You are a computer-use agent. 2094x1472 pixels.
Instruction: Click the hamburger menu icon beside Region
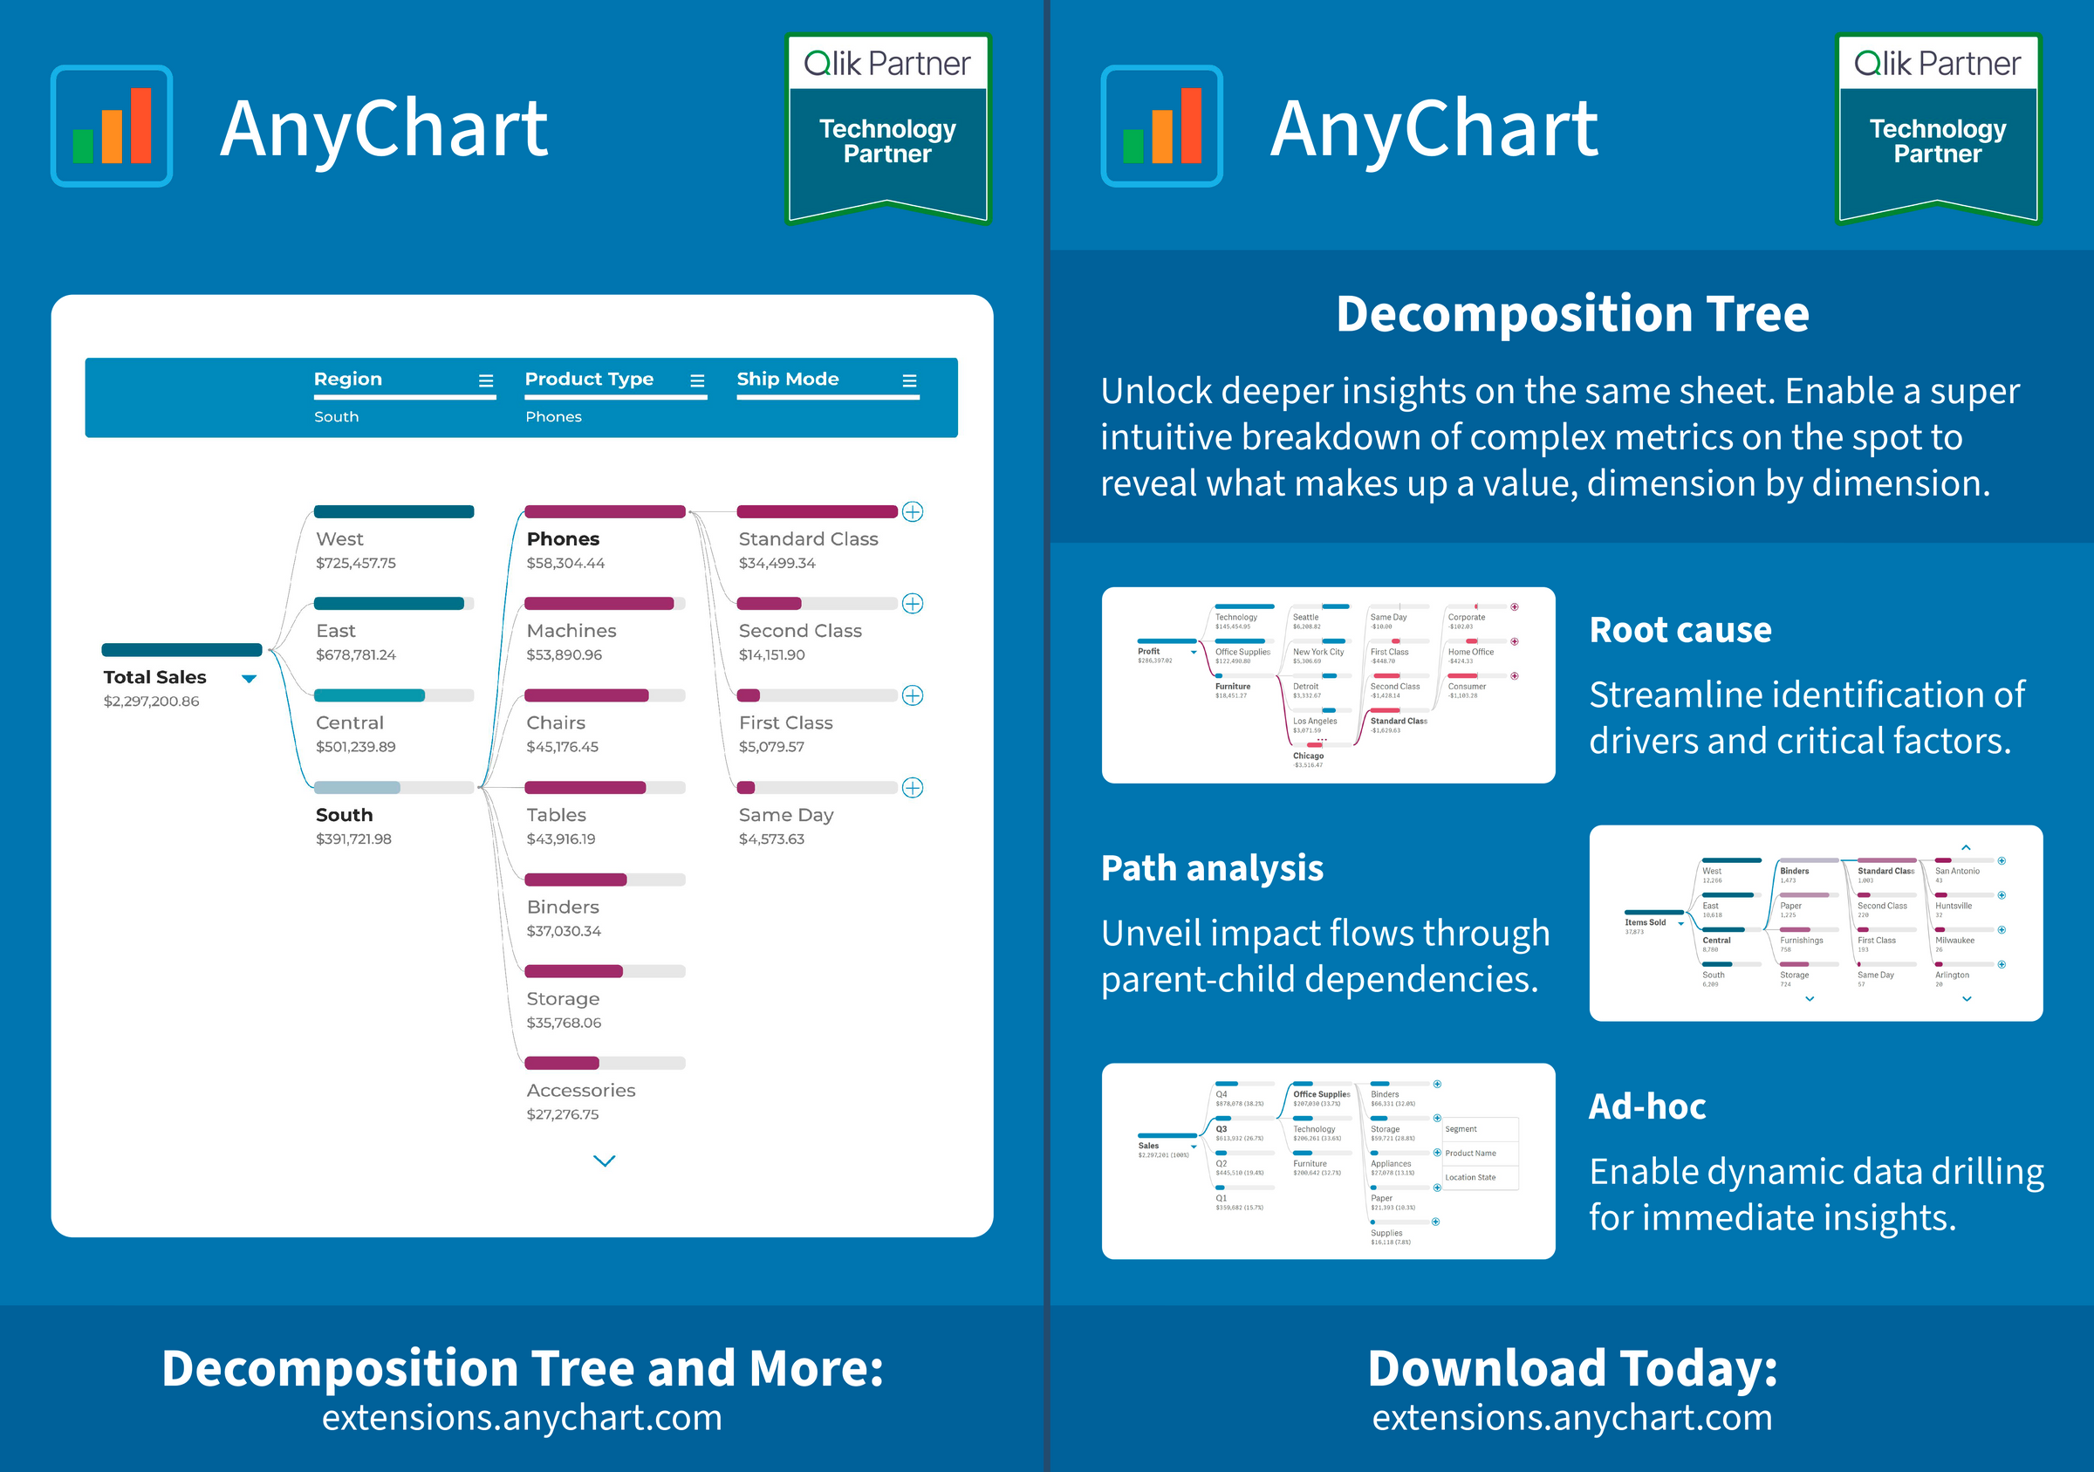[486, 381]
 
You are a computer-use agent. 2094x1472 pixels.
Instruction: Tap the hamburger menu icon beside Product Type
[698, 381]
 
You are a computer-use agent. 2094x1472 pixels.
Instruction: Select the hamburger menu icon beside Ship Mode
[909, 381]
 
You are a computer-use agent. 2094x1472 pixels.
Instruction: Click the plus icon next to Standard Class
[912, 511]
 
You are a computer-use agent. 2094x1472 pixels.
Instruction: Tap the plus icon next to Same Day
[912, 788]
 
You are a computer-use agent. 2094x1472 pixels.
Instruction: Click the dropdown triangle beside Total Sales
[249, 679]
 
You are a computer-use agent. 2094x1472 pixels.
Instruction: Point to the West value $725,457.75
[356, 564]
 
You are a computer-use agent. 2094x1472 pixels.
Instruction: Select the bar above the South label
[394, 788]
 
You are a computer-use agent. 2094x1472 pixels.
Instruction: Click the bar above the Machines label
[605, 604]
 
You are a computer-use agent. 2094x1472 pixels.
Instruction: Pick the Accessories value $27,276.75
[563, 1114]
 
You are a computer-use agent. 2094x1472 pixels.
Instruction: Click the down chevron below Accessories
[605, 1161]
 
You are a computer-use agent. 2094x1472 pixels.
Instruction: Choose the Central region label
[349, 723]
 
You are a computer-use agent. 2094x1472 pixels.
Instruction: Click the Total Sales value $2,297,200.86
[152, 702]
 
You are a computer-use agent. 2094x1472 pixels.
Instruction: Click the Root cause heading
[1680, 630]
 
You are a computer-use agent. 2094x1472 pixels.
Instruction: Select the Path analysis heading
[1212, 868]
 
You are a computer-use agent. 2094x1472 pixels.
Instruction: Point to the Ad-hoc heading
[1647, 1106]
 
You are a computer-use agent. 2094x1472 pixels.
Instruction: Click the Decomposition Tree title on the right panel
[1572, 314]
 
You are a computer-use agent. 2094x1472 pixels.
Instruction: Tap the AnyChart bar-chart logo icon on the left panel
[113, 126]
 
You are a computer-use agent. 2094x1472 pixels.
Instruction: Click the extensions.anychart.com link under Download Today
[1572, 1418]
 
